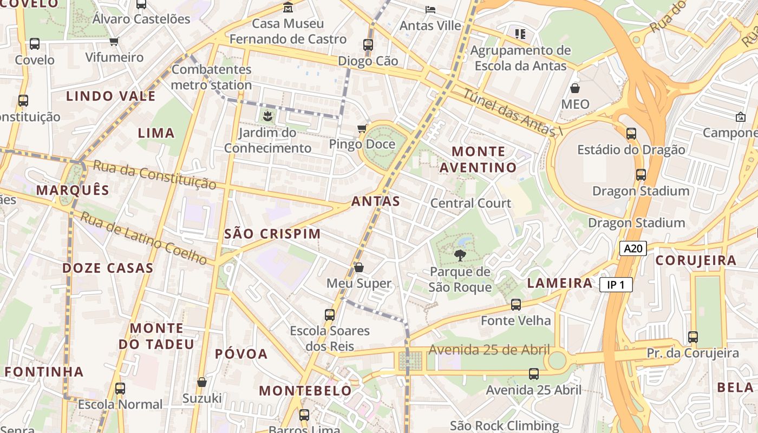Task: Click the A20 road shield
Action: click(633, 248)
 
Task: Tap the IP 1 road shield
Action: click(616, 285)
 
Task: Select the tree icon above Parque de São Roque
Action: click(460, 255)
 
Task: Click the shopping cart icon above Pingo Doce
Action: click(362, 128)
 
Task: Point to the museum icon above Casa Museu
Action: click(288, 8)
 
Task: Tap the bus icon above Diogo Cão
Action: click(368, 44)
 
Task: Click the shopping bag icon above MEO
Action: click(575, 88)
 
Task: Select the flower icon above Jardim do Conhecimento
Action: click(267, 115)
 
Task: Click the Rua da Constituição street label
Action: click(154, 174)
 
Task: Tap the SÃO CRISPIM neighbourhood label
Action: click(272, 234)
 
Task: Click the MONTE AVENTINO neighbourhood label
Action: click(478, 159)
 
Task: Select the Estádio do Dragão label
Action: click(631, 150)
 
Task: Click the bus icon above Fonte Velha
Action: click(516, 305)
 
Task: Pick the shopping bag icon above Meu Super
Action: click(358, 267)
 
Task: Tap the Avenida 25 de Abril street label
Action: click(489, 350)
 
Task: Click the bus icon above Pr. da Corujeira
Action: click(693, 337)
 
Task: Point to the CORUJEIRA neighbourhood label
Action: click(696, 260)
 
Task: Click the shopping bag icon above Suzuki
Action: click(202, 382)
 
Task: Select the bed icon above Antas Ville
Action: click(430, 9)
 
